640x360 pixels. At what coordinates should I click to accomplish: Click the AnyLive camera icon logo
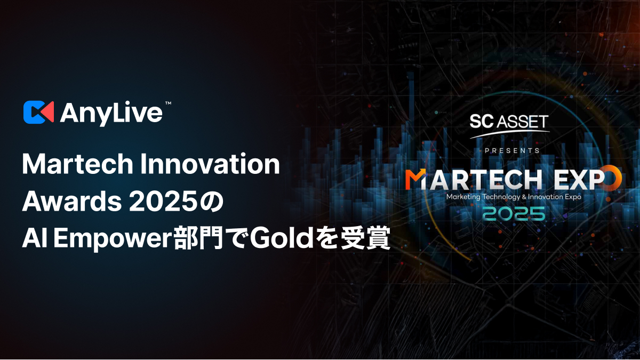(x=38, y=111)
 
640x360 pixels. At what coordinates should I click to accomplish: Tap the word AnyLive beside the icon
(x=111, y=112)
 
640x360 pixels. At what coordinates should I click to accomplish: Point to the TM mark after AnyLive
(x=168, y=102)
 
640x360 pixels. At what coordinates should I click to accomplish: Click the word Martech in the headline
(x=77, y=165)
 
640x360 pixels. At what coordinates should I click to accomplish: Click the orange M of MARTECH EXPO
(x=415, y=180)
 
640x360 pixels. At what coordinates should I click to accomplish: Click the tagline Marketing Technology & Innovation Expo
(x=514, y=196)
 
